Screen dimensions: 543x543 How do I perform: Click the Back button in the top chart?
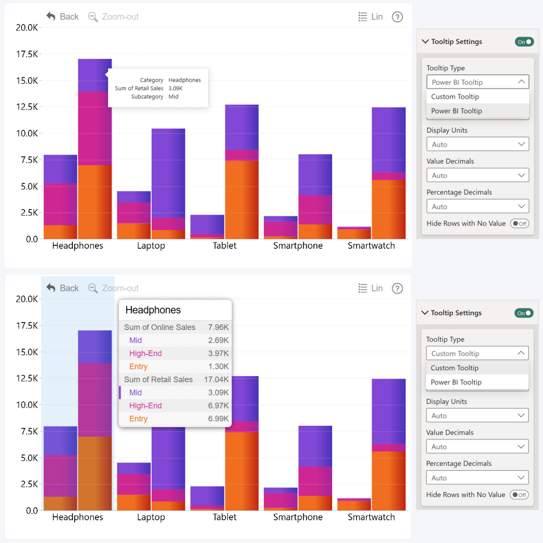point(62,17)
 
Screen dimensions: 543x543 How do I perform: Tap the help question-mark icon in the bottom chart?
point(397,288)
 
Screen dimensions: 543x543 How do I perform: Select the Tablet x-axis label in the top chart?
point(224,246)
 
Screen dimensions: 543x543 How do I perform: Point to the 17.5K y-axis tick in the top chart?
point(27,54)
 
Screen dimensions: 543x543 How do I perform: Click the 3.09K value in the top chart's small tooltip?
point(176,89)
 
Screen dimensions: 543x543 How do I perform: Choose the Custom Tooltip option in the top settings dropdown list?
point(455,97)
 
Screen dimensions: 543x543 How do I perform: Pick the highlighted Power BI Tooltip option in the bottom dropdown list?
point(456,382)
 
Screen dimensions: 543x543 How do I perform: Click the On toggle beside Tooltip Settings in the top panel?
point(524,42)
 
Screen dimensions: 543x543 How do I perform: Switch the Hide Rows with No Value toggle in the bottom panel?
point(519,495)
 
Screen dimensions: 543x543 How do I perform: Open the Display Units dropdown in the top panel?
point(477,144)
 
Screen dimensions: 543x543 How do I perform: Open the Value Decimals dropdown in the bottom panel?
point(477,447)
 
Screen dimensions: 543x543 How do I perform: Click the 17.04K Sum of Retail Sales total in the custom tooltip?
point(216,380)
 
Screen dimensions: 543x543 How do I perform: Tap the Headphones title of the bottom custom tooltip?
point(153,310)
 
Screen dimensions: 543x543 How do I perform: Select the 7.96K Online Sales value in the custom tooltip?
point(218,327)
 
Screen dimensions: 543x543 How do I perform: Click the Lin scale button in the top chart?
point(371,17)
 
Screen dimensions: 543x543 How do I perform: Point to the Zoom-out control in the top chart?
point(114,17)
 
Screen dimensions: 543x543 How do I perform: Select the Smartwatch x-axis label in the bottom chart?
point(371,517)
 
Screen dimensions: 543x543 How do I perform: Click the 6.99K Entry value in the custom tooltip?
point(218,419)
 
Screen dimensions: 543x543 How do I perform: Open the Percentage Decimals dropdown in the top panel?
point(477,206)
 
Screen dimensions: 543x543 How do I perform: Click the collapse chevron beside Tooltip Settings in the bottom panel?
point(425,313)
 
